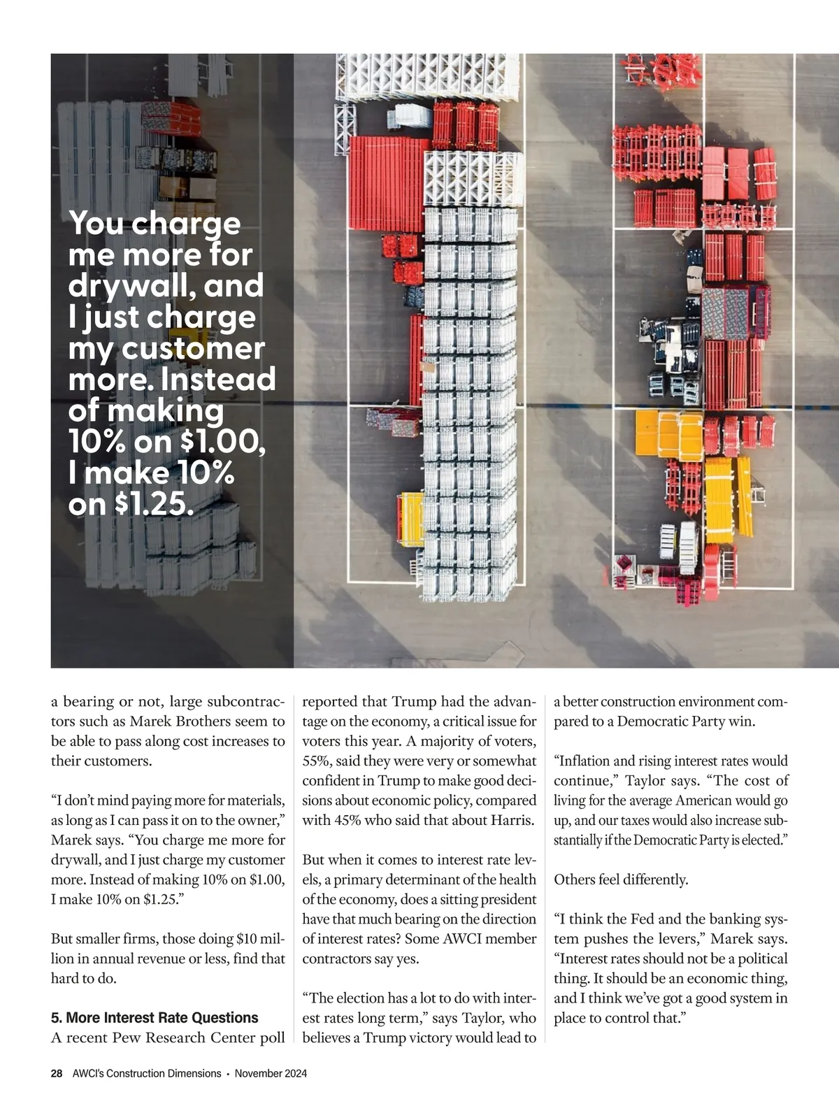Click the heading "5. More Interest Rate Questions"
(155, 1017)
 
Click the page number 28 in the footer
(57, 1074)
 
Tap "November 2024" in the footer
(271, 1074)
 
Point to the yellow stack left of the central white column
(411, 519)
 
